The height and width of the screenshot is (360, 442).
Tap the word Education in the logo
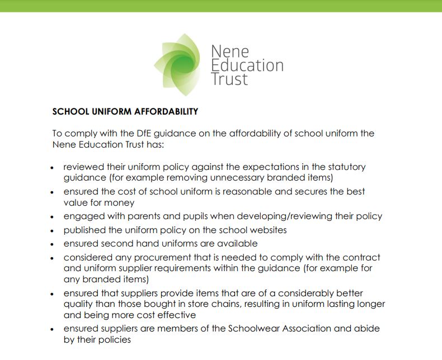[247, 65]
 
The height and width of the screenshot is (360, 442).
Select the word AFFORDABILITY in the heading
[166, 111]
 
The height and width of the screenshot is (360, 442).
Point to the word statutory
[346, 167]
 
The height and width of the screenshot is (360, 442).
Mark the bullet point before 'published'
[52, 230]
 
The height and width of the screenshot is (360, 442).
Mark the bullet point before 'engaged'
[52, 217]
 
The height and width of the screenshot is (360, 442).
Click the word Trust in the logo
[229, 79]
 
